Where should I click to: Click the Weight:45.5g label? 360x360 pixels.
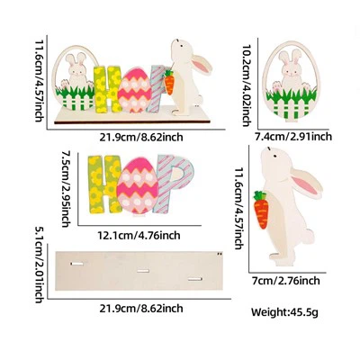(284, 312)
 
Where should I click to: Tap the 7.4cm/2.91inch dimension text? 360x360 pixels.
(293, 137)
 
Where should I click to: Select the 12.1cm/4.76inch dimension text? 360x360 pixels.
(139, 235)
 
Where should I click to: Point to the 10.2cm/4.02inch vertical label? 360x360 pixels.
(247, 85)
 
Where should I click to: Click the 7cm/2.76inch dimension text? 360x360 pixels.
(286, 281)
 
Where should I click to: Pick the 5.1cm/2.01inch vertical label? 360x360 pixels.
(40, 265)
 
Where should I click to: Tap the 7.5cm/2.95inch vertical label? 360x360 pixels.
(67, 189)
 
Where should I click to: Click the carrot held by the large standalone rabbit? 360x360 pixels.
(261, 210)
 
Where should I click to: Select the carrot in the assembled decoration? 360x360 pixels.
(169, 82)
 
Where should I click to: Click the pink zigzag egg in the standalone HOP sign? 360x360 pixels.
(138, 185)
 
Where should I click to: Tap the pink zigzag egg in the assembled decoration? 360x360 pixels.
(134, 90)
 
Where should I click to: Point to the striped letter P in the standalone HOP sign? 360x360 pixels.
(176, 184)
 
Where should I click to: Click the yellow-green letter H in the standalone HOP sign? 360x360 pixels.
(104, 184)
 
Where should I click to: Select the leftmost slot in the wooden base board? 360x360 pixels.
(77, 264)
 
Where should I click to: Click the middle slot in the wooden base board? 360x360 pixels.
(143, 271)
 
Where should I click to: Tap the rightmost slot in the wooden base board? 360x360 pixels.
(195, 280)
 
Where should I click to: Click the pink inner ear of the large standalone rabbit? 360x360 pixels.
(305, 184)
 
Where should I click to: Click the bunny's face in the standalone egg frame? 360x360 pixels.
(290, 70)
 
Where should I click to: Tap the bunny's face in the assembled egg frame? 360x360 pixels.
(77, 70)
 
